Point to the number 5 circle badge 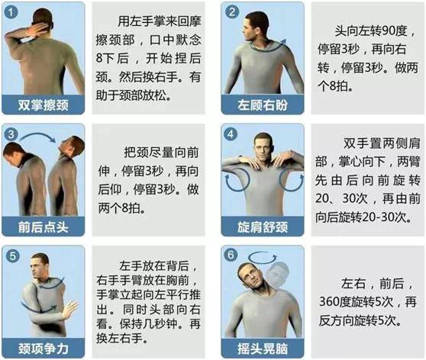point(12,255)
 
